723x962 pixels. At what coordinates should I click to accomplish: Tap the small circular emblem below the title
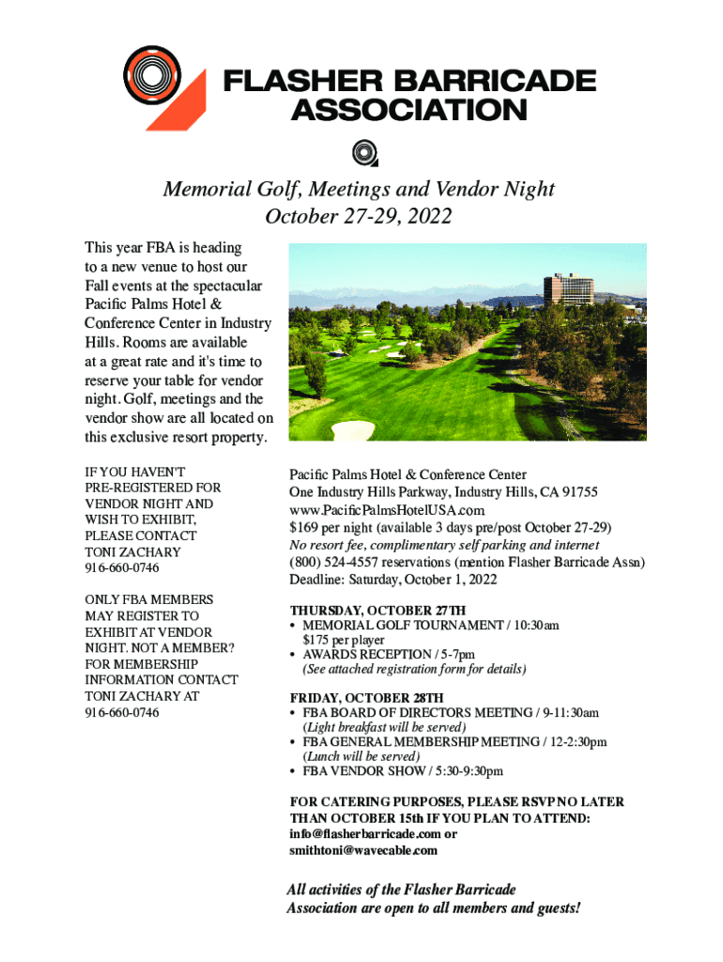(363, 152)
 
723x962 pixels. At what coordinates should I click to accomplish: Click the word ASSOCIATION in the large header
(408, 111)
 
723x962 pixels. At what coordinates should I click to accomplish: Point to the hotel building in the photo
(574, 290)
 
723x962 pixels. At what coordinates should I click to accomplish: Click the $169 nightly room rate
(304, 527)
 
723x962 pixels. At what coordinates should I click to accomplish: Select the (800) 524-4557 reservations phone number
(331, 562)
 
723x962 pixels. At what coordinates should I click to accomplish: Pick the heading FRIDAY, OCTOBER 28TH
(365, 697)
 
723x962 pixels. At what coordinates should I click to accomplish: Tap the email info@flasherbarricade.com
(365, 834)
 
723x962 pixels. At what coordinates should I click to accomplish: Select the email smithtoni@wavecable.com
(363, 850)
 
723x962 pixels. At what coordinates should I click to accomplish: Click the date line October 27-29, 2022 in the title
(359, 216)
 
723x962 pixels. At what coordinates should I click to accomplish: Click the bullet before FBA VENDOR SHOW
(294, 771)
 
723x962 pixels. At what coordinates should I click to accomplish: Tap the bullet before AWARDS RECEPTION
(294, 655)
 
